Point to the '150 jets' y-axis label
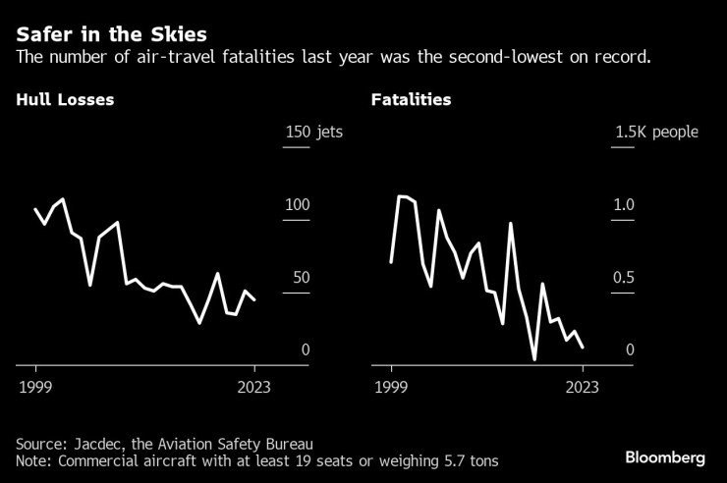click(x=312, y=133)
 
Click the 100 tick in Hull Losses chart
click(x=297, y=205)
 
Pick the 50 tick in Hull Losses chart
click(x=301, y=278)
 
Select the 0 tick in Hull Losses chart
click(x=306, y=350)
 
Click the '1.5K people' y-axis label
click(x=656, y=133)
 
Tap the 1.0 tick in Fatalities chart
click(x=625, y=205)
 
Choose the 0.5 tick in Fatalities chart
click(x=625, y=278)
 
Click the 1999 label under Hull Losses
click(x=35, y=387)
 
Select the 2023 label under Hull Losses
click(x=254, y=387)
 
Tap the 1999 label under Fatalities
click(x=391, y=387)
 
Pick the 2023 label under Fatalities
click(x=583, y=387)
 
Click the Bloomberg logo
click(x=665, y=457)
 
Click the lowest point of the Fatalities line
click(x=534, y=359)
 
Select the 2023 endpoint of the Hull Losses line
click(x=254, y=299)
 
